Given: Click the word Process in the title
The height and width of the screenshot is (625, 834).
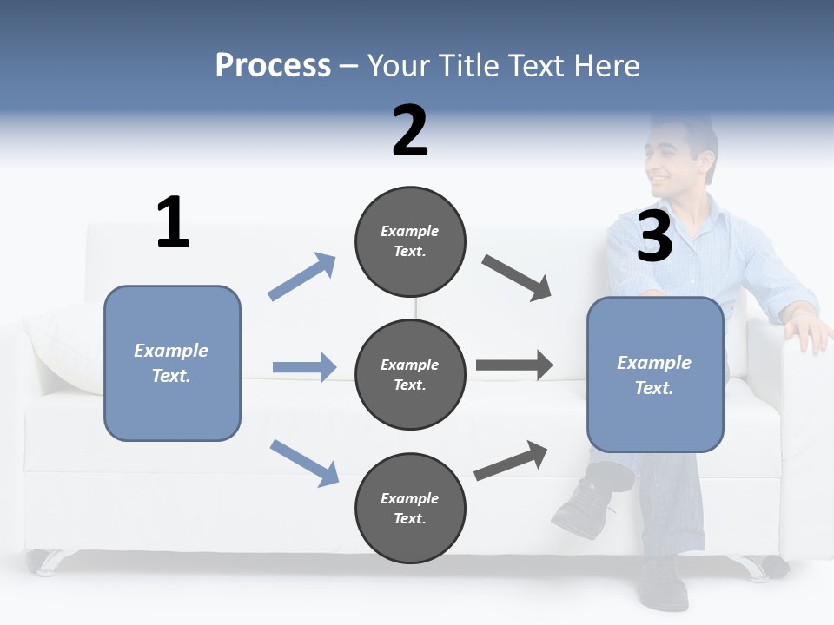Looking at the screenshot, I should [273, 66].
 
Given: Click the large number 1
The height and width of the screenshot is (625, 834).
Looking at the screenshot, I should [173, 223].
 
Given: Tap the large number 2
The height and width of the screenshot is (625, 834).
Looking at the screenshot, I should [410, 130].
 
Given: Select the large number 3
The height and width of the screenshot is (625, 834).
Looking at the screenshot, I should [655, 236].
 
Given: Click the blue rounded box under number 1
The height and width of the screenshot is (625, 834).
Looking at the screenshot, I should [172, 363].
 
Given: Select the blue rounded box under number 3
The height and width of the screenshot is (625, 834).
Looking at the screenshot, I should [655, 375].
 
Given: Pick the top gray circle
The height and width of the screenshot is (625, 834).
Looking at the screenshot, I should [410, 241].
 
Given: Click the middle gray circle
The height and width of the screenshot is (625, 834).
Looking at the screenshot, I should [410, 375].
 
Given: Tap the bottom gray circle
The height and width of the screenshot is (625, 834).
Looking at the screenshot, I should [410, 508].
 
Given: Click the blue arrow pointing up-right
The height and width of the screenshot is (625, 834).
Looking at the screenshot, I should [302, 277].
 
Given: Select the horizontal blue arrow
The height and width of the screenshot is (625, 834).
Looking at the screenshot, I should [304, 367].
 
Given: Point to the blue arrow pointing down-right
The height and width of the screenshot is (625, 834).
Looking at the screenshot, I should [304, 463].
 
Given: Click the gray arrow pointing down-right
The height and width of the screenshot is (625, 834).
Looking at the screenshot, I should [517, 278].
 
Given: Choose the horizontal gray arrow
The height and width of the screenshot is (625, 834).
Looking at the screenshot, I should [514, 365].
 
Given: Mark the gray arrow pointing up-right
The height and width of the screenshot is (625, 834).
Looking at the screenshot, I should [511, 461].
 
